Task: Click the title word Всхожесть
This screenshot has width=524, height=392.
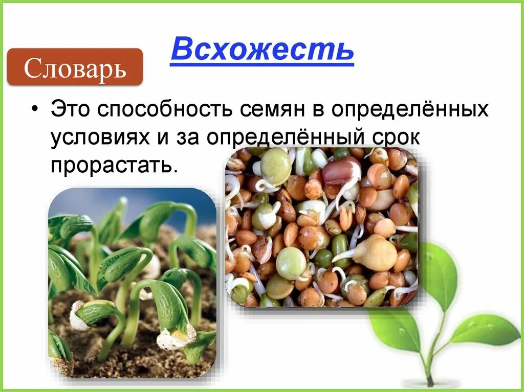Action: point(262,50)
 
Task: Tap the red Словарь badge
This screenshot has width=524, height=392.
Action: point(75,67)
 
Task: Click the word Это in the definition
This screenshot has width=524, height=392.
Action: point(71,110)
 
